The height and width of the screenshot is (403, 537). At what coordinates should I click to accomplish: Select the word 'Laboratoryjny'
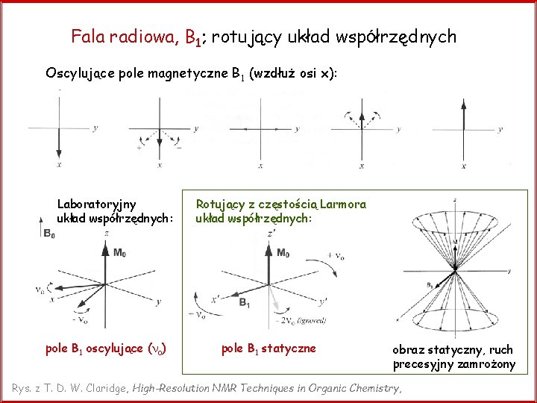tap(96, 203)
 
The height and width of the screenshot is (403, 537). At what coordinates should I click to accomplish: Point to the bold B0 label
tap(48, 234)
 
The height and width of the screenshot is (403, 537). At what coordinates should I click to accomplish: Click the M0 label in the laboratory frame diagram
tap(119, 253)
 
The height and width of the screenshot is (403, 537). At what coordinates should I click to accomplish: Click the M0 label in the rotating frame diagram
tap(283, 253)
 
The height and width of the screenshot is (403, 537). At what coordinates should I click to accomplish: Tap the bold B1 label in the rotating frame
tap(244, 302)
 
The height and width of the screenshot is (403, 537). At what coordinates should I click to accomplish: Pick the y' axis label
tap(323, 302)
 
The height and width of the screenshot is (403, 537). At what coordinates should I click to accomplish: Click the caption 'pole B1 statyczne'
tap(268, 348)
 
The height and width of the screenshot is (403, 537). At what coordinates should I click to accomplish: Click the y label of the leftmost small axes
tap(95, 128)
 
